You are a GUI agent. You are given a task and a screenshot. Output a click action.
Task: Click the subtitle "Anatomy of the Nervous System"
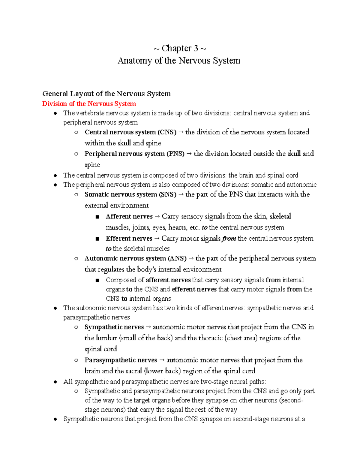(179, 61)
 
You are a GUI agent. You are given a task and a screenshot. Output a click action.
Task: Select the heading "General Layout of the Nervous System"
(106, 94)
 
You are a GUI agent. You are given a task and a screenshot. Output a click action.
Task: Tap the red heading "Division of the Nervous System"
(89, 104)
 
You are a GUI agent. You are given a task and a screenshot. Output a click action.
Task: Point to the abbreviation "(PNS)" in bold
(175, 154)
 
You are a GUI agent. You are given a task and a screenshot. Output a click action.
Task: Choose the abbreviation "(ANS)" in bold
(177, 258)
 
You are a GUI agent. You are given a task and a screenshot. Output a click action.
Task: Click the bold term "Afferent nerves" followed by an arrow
(129, 216)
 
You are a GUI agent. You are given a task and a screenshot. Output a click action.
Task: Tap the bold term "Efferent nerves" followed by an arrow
(129, 239)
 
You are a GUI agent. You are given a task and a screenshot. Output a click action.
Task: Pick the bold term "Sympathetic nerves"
(114, 327)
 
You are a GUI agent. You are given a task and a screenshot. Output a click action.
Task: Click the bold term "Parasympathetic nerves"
(121, 360)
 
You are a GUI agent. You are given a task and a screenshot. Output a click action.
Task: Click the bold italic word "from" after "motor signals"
(229, 239)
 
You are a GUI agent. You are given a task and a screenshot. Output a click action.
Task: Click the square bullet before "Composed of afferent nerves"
(97, 281)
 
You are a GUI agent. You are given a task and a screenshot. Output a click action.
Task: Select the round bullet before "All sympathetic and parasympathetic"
(55, 382)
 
